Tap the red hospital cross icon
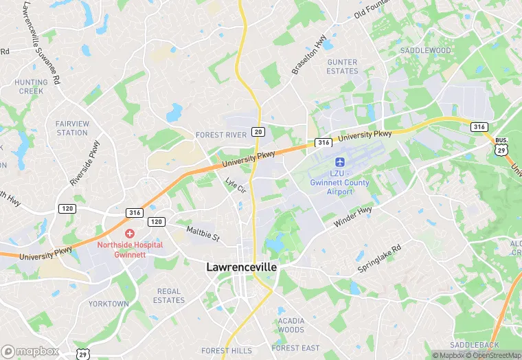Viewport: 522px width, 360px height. click(x=130, y=234)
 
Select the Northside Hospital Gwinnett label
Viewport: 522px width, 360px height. click(x=130, y=249)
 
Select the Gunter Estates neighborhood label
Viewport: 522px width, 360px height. click(x=342, y=67)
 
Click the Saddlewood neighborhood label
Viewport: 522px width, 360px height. click(x=426, y=51)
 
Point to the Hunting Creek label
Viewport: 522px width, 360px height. click(x=32, y=87)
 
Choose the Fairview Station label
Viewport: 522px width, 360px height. click(x=72, y=128)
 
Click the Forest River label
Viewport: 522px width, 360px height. click(x=221, y=135)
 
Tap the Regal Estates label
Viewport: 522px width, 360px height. click(x=169, y=295)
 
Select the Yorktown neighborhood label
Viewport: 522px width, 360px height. click(x=109, y=304)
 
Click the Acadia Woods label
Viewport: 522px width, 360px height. click(x=291, y=325)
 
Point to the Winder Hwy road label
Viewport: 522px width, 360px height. click(x=353, y=217)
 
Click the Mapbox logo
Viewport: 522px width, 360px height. click(x=30, y=351)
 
